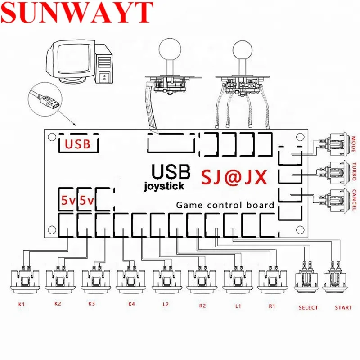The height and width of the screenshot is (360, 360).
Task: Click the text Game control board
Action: click(x=225, y=205)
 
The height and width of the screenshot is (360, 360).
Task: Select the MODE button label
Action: click(x=354, y=144)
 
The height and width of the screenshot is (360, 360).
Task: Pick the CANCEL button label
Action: click(x=354, y=198)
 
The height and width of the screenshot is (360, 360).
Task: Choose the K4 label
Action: click(x=131, y=304)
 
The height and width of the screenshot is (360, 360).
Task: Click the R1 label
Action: click(x=272, y=306)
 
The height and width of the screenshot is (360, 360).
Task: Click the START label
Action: click(x=343, y=308)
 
